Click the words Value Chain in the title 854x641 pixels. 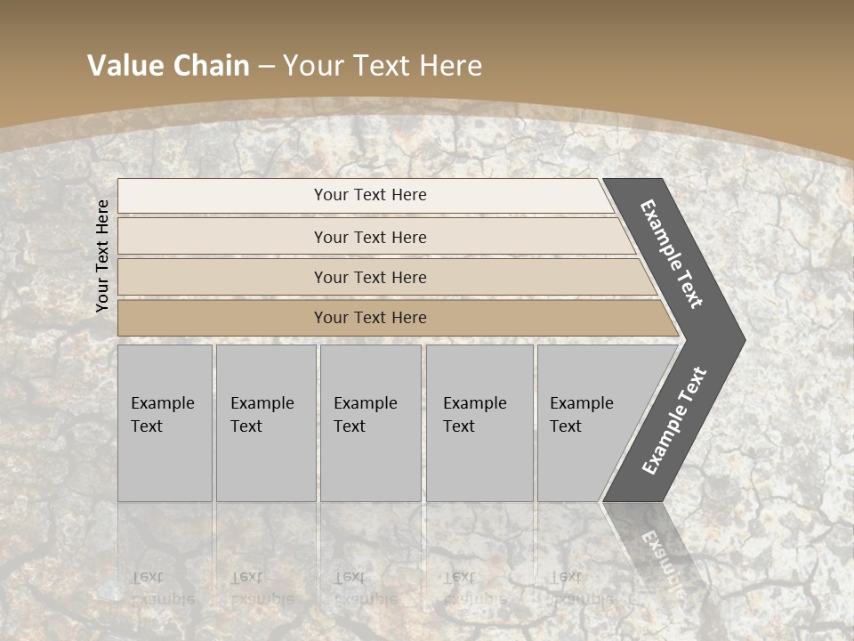click(x=168, y=66)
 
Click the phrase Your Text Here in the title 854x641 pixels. click(x=383, y=66)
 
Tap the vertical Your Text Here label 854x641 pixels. click(x=102, y=256)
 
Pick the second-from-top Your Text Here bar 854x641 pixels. click(x=369, y=237)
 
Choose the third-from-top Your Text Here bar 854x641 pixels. click(x=369, y=277)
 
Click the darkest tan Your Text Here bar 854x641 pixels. click(x=369, y=318)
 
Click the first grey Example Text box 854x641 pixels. click(x=165, y=423)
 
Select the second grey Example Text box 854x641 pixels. click(x=266, y=423)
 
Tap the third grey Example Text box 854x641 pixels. click(x=370, y=423)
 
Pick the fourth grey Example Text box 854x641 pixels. click(x=479, y=423)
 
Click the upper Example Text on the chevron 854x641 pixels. click(x=673, y=255)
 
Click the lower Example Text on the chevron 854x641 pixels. click(x=674, y=421)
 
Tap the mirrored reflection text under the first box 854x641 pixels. click(x=162, y=588)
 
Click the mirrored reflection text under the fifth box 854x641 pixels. click(x=580, y=588)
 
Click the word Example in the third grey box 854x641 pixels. click(x=365, y=403)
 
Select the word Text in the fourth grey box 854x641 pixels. click(x=459, y=426)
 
